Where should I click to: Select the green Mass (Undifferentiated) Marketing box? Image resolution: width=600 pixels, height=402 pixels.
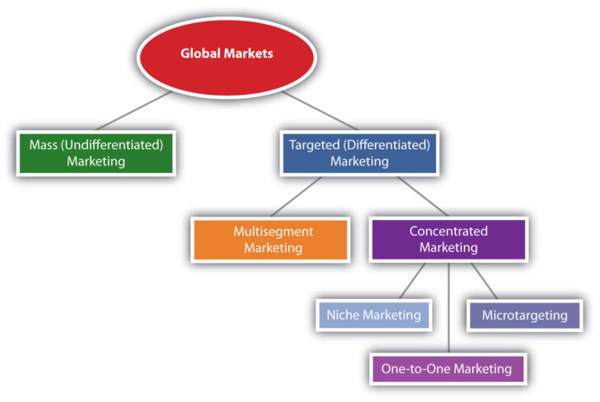96,152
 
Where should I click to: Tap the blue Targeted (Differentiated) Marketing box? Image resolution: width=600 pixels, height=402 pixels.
359,152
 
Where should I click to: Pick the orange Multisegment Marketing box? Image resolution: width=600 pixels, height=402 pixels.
272,239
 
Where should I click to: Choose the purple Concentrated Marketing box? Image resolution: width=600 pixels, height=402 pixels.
448,239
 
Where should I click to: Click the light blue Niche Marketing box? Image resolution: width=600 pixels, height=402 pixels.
373,315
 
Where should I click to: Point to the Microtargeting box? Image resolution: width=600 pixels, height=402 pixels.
523,315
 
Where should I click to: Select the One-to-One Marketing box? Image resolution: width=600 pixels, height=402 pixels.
448,368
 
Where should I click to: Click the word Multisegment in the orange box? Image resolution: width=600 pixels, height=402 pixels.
272,231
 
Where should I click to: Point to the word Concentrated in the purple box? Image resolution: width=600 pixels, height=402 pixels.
448,231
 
